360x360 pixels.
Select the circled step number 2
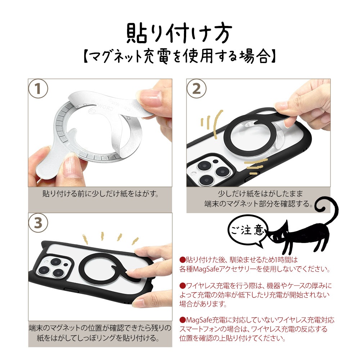click(x=197, y=89)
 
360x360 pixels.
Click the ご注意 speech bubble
click(x=248, y=231)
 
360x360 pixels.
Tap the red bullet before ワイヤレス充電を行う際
click(x=182, y=286)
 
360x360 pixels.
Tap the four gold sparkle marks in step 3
click(x=111, y=238)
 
